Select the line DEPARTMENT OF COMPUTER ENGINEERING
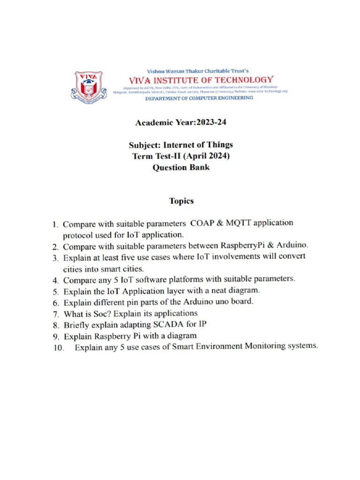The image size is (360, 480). point(199,98)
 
